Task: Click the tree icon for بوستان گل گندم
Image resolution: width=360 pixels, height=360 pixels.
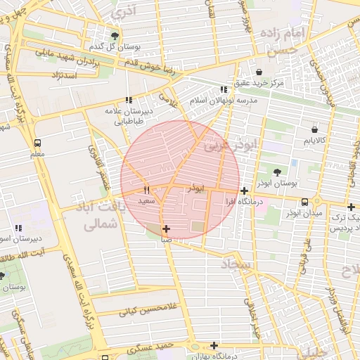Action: [115, 36]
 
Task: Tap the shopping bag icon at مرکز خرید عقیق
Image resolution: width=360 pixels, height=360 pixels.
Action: [259, 72]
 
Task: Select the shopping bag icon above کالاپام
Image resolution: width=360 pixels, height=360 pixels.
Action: [314, 129]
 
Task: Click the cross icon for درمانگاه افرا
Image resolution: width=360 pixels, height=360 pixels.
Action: [244, 191]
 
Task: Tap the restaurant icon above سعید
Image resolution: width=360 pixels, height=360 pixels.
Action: [147, 190]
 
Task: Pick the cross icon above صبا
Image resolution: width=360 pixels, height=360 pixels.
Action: [166, 229]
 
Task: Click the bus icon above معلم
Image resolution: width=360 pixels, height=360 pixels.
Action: [37, 143]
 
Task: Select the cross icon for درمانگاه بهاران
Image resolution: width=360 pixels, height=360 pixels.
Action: [214, 345]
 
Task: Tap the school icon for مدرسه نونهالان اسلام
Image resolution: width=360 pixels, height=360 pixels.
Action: [224, 89]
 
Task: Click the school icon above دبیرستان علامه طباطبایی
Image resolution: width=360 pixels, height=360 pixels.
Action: [128, 100]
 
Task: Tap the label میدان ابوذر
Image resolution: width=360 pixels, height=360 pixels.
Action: [303, 212]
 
